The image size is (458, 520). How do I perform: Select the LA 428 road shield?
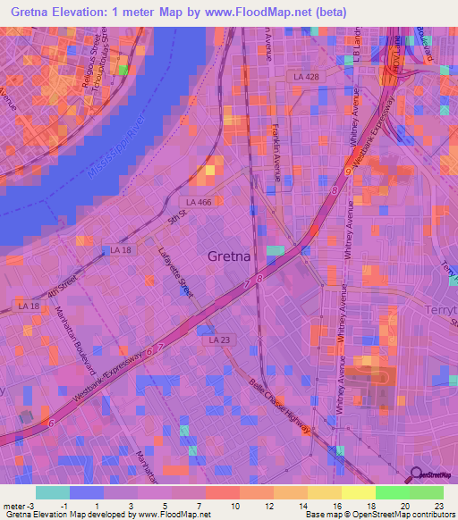pyautogui.click(x=306, y=78)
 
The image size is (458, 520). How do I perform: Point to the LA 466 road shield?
pyautogui.click(x=194, y=203)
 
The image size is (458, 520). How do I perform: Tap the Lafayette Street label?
pyautogui.click(x=175, y=273)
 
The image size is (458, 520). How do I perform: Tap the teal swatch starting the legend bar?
pyautogui.click(x=53, y=492)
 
